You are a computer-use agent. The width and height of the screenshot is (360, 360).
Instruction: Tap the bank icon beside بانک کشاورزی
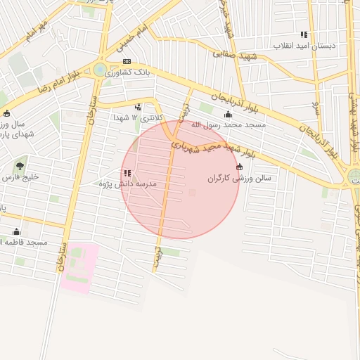point(127,62)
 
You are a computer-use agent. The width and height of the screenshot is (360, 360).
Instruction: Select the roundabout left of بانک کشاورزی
point(100,70)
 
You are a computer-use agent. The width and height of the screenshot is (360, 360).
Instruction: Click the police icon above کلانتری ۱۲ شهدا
point(138,108)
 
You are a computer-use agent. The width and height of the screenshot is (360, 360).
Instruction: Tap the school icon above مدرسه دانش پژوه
point(127,173)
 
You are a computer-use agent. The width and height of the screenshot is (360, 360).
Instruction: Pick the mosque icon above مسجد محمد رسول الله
point(227,115)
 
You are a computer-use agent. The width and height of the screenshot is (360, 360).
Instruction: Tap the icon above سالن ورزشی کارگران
point(240,167)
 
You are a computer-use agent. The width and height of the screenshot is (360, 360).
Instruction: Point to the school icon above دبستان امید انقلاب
point(304,34)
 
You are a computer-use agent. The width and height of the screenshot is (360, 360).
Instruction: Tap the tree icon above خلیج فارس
point(19,167)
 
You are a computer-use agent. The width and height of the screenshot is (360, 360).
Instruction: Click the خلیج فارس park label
point(25,177)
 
